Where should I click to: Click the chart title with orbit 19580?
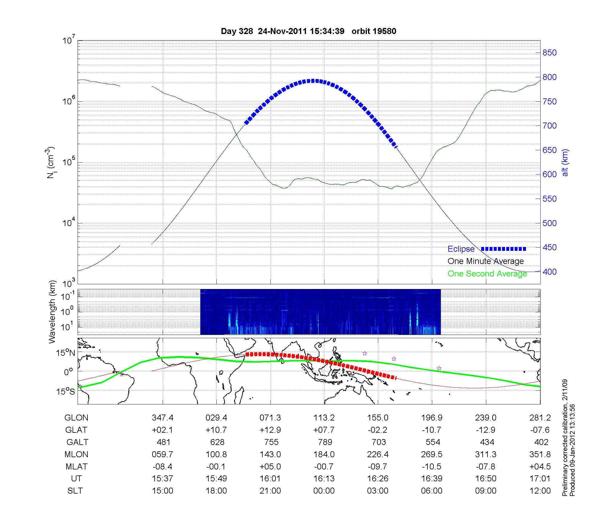click(x=308, y=31)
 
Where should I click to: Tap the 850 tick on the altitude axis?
click(x=550, y=53)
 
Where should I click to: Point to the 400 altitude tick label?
click(x=550, y=272)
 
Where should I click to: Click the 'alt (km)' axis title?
click(x=565, y=163)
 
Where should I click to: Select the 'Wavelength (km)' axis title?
click(x=52, y=312)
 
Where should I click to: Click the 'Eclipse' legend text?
click(x=461, y=249)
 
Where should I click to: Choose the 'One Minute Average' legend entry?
click(x=486, y=261)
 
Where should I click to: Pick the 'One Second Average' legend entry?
click(x=487, y=274)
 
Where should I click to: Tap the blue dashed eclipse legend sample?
click(x=503, y=249)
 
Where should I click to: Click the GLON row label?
click(x=76, y=418)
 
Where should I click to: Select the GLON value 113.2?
click(x=324, y=418)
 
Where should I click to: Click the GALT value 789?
click(x=325, y=442)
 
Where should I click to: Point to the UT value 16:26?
click(x=378, y=479)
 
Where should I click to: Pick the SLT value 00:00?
click(x=324, y=491)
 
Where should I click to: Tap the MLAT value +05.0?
click(x=270, y=466)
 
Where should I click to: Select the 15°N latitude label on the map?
click(x=66, y=353)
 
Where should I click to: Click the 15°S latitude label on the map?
click(x=66, y=391)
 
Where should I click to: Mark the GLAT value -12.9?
click(x=486, y=430)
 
